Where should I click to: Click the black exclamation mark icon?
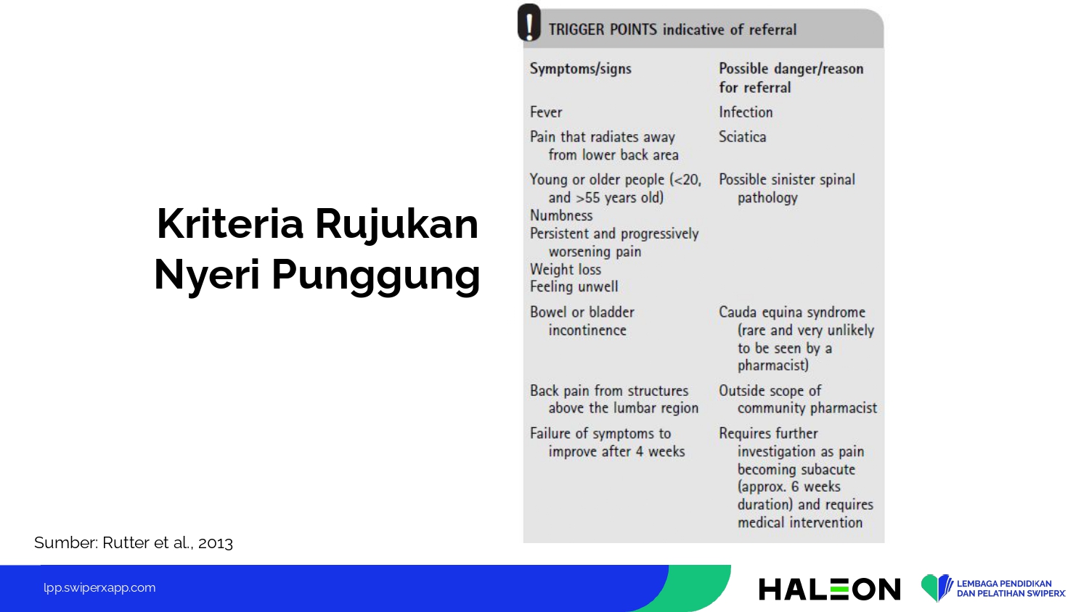click(x=529, y=22)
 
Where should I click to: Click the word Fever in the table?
click(x=546, y=112)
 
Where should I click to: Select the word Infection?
click(x=746, y=112)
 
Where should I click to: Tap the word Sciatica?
click(x=743, y=137)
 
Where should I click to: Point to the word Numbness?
click(x=561, y=215)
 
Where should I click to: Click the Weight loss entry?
click(x=566, y=270)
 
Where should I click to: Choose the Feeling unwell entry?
click(x=574, y=287)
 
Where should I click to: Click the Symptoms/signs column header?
click(x=581, y=69)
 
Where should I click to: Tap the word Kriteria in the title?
click(x=230, y=223)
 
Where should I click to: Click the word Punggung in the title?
click(x=375, y=276)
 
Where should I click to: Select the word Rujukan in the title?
click(x=396, y=224)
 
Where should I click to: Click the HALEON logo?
click(x=829, y=590)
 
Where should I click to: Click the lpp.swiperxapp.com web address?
click(x=99, y=588)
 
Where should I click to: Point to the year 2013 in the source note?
click(x=216, y=543)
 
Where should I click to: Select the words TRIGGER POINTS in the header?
click(x=603, y=30)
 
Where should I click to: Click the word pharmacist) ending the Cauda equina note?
click(x=773, y=365)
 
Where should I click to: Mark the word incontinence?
click(x=587, y=330)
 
